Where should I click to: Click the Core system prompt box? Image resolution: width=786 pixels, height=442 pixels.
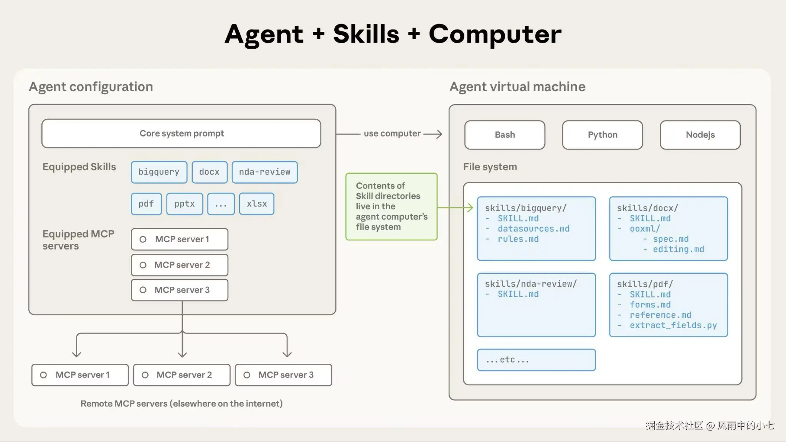pos(181,133)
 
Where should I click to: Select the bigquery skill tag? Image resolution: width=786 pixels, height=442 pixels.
pos(159,172)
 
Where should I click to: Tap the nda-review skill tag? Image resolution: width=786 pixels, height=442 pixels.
pos(265,172)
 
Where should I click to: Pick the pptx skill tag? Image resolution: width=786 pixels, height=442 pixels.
pos(185,204)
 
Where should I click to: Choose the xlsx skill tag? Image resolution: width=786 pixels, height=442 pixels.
pos(257,204)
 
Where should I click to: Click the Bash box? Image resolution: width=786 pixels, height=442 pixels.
pos(505,135)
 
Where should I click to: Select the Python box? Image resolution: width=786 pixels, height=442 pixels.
pos(603,135)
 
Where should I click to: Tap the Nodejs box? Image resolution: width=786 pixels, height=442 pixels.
pos(700,135)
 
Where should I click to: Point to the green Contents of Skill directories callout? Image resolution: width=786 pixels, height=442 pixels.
pos(391,207)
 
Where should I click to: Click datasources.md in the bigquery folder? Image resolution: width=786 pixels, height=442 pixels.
pos(533,229)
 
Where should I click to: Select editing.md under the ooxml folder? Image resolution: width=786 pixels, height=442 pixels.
pos(679,250)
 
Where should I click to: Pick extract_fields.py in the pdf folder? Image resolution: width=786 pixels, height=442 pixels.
pos(673,325)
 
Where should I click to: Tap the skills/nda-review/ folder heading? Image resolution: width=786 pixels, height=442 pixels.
pos(531,284)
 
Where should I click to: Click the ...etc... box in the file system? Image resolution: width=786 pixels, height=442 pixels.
pos(537,360)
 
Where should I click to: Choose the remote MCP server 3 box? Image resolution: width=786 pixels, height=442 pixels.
pos(284,375)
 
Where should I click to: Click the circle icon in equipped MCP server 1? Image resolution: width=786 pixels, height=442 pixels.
pos(143,240)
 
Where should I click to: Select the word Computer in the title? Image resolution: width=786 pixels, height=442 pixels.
pos(495,35)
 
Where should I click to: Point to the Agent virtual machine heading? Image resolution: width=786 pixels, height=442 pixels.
pos(517,87)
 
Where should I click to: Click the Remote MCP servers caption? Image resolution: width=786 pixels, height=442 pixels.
pos(182,404)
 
